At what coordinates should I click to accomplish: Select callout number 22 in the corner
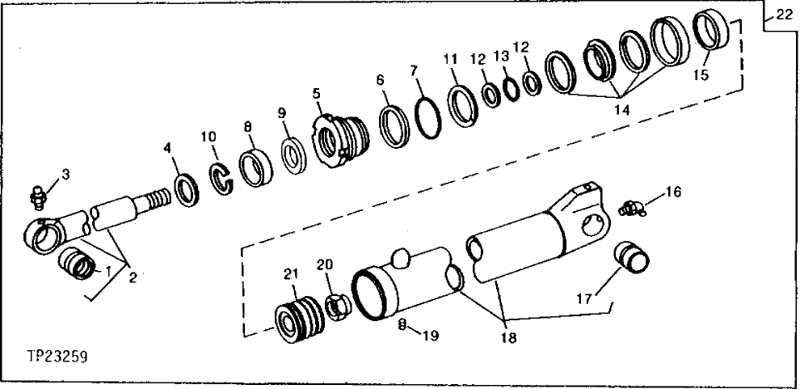pyautogui.click(x=783, y=15)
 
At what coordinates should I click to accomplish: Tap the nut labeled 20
pyautogui.click(x=335, y=307)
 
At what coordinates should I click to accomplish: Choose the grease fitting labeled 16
pyautogui.click(x=633, y=207)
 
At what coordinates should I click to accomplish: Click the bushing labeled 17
pyautogui.click(x=635, y=255)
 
